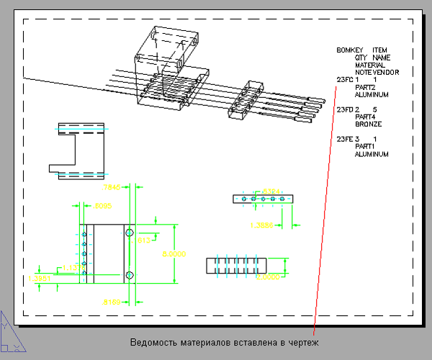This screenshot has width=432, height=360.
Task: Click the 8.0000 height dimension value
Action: [174, 254]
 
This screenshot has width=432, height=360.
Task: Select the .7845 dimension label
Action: [112, 187]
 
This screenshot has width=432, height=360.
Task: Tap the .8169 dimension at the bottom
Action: [112, 301]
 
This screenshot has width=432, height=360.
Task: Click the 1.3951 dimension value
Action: [39, 278]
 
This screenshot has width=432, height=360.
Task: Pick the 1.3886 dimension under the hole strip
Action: [261, 225]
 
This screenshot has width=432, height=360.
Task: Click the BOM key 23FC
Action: [344, 80]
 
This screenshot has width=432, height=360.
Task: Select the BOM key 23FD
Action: [344, 109]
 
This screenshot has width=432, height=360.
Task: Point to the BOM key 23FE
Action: [344, 139]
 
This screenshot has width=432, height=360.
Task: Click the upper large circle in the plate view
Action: [130, 233]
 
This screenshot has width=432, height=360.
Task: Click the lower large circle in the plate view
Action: [130, 275]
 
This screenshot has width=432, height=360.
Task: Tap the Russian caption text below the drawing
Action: [223, 341]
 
